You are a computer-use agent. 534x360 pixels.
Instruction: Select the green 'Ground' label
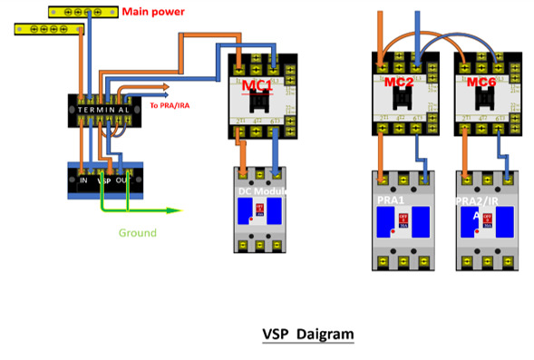(x=138, y=233)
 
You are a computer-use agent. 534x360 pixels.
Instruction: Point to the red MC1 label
(x=258, y=85)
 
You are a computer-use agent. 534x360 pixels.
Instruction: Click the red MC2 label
(x=399, y=83)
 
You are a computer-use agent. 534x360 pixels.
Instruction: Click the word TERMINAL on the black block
(x=108, y=108)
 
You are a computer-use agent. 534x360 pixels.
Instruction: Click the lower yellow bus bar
(x=45, y=30)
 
